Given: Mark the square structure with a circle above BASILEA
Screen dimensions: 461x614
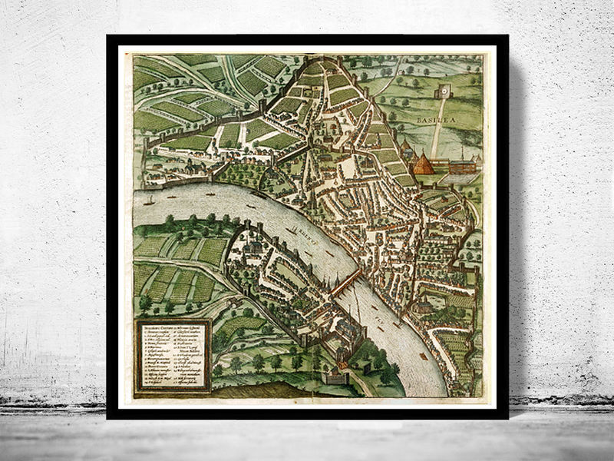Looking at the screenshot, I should pyautogui.click(x=444, y=92).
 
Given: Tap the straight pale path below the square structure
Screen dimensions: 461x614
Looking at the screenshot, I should pyautogui.click(x=437, y=131).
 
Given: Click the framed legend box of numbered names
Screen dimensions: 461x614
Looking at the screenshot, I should pyautogui.click(x=173, y=355).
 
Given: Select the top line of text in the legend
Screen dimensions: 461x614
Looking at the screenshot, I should pyautogui.click(x=173, y=328).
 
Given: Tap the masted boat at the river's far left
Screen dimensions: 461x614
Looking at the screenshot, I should pyautogui.click(x=150, y=201).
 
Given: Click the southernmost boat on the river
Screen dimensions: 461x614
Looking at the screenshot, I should pyautogui.click(x=424, y=355).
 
